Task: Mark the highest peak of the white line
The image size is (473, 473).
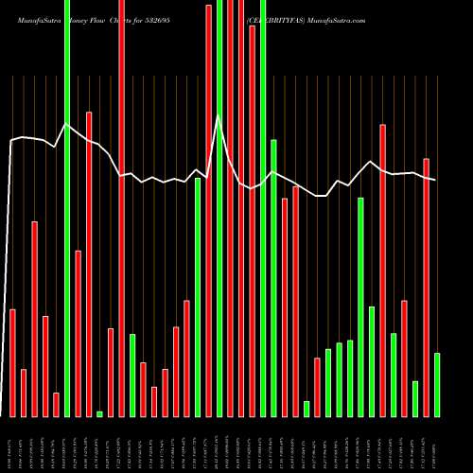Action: [x=219, y=115]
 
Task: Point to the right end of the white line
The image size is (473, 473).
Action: [x=435, y=180]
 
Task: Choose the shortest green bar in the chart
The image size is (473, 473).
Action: [x=99, y=413]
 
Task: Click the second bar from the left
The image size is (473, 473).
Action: [x=24, y=393]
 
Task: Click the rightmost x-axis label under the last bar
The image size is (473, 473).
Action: [x=437, y=445]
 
